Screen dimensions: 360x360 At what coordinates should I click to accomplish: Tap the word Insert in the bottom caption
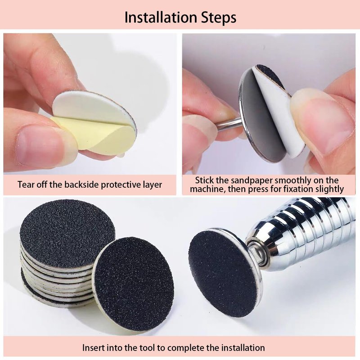[93, 347]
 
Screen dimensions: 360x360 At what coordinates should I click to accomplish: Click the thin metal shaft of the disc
[229, 126]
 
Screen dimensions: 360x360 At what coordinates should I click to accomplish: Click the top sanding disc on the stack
[67, 234]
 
